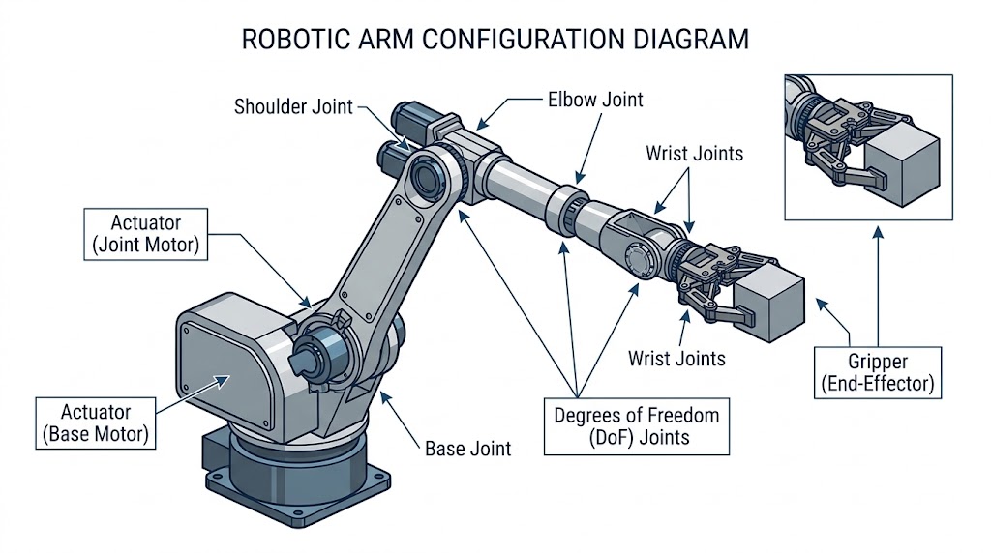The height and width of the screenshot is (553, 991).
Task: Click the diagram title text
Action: [x=495, y=40]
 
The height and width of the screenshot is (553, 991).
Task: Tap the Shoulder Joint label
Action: [x=293, y=106]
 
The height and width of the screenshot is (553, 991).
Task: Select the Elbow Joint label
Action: [x=595, y=100]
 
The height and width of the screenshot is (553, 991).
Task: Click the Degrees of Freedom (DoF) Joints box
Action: [x=636, y=426]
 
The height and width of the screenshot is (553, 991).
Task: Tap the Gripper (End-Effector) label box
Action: [x=878, y=371]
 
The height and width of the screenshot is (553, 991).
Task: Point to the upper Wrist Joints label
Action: [x=695, y=153]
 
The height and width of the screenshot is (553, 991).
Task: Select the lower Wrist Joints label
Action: [x=676, y=359]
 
